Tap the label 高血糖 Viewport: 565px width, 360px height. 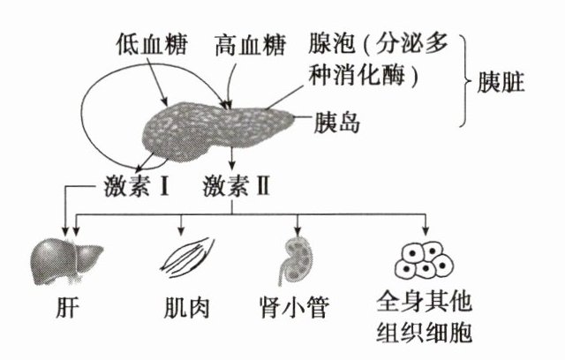pyautogui.click(x=250, y=45)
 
